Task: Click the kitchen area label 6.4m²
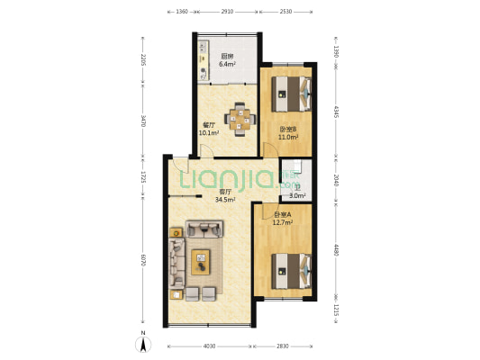click(x=228, y=65)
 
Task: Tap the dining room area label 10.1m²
click(x=209, y=133)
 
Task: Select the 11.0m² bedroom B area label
click(x=287, y=137)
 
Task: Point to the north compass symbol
click(x=142, y=342)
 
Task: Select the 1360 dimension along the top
click(x=181, y=12)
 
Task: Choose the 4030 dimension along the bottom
click(x=208, y=346)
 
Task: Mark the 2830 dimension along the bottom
click(x=284, y=346)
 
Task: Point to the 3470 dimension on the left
click(x=141, y=120)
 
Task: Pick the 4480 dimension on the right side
click(x=336, y=250)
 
